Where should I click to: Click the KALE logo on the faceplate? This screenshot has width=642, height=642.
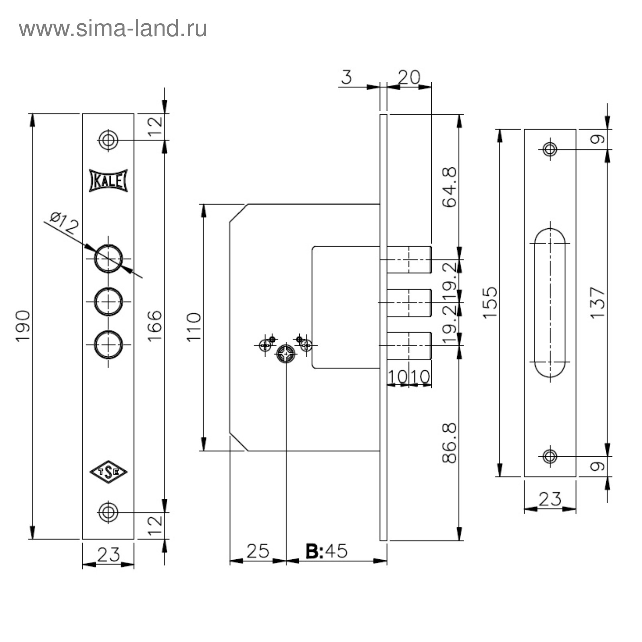[108, 181]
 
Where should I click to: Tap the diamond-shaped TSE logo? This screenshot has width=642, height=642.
[108, 471]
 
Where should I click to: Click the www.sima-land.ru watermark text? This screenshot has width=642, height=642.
[113, 29]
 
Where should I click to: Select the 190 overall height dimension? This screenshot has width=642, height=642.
[23, 326]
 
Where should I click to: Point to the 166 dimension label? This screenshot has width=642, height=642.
[154, 326]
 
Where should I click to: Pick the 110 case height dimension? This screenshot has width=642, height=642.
[194, 327]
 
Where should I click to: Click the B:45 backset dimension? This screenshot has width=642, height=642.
[326, 551]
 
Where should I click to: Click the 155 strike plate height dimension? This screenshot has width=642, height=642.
[490, 303]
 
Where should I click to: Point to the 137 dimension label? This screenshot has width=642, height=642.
[597, 303]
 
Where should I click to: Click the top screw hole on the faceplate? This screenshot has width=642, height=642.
[108, 140]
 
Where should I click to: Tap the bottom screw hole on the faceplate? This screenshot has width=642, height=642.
[108, 512]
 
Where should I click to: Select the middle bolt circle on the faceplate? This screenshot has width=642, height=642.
[108, 302]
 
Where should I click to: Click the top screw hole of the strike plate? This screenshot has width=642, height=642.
[550, 149]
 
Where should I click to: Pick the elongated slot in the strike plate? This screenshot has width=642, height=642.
[550, 303]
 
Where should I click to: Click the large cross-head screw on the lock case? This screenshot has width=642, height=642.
[286, 354]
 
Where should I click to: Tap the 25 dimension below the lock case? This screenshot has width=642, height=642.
[258, 551]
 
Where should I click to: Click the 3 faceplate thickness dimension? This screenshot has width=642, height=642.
[346, 77]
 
